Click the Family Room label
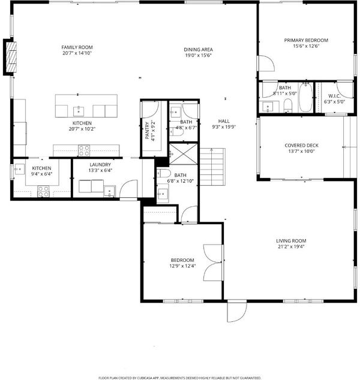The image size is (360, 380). pyautogui.click(x=77, y=47)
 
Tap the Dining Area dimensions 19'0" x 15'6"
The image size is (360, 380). pyautogui.click(x=199, y=55)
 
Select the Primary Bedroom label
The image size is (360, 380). pyautogui.click(x=306, y=40)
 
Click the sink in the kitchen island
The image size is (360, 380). pyautogui.click(x=79, y=111)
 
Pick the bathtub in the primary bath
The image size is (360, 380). pyautogui.click(x=305, y=98)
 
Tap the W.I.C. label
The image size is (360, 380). pyautogui.click(x=334, y=96)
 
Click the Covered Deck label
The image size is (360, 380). pyautogui.click(x=302, y=146)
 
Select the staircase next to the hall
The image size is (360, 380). pyautogui.click(x=212, y=167)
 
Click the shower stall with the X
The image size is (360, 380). pyautogui.click(x=184, y=154)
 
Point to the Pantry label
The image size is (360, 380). pyautogui.click(x=147, y=131)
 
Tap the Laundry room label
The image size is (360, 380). pyautogui.click(x=100, y=165)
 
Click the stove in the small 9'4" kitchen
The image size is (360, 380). pyautogui.click(x=43, y=191)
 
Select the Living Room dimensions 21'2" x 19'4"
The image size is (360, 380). pyautogui.click(x=291, y=247)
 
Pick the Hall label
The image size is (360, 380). pyautogui.click(x=224, y=121)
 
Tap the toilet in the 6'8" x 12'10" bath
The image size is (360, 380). pyautogui.click(x=164, y=174)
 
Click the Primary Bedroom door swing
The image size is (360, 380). pyautogui.click(x=266, y=64)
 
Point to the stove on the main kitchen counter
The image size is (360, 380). pyautogui.click(x=84, y=150)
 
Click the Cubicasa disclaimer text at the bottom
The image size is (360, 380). pyautogui.click(x=180, y=378)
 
